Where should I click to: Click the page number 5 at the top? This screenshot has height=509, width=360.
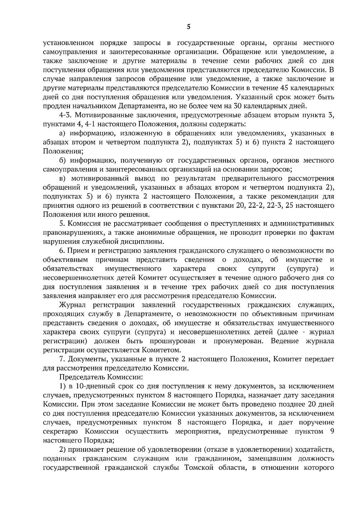(188, 27)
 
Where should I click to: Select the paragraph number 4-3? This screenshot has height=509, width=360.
(64, 115)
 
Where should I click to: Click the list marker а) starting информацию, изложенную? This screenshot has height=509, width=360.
(63, 133)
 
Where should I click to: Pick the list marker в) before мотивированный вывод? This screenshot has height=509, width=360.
(62, 179)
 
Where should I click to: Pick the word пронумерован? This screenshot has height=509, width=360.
(240, 341)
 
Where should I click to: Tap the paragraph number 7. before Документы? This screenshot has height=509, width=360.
(62, 359)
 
